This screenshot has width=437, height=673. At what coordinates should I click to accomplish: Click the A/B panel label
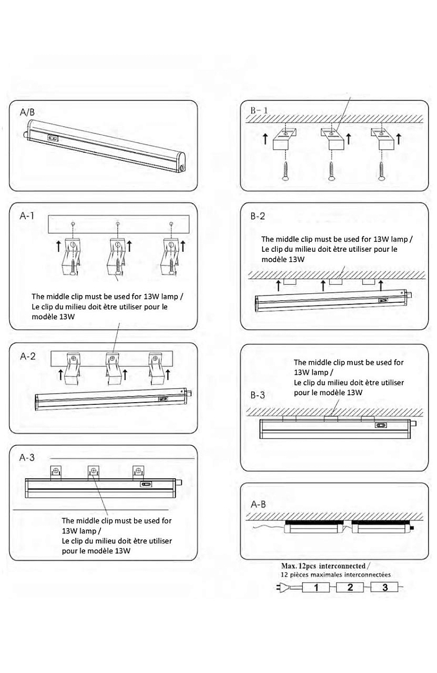coord(27,112)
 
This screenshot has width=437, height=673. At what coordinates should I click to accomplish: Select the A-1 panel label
coord(27,215)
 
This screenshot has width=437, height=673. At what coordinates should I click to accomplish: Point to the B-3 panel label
coord(258,395)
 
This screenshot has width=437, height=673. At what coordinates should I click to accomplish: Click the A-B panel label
coord(258,504)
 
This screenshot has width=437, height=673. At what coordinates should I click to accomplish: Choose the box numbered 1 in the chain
coord(317,588)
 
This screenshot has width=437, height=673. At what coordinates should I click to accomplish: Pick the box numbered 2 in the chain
coord(351,588)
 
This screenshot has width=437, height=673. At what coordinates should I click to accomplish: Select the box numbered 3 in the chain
coord(385,588)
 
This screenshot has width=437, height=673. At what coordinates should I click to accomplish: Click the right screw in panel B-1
coord(381,167)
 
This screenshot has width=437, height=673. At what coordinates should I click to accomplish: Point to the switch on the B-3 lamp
coord(382,426)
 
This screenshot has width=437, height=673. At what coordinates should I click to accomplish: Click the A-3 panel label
coord(27,458)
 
